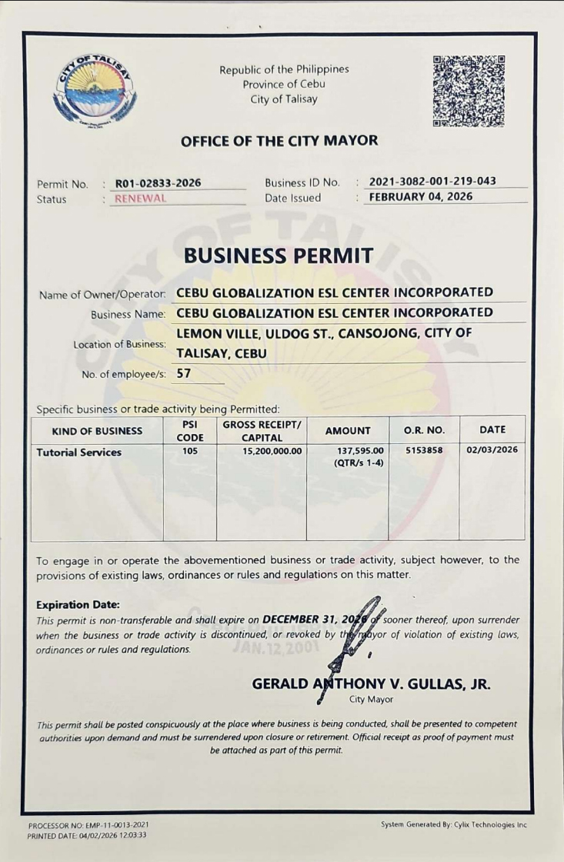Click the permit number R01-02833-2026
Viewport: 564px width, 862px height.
coord(158,183)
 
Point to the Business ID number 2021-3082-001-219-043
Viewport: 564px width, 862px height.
coord(432,182)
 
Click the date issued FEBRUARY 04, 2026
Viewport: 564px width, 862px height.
coord(421,197)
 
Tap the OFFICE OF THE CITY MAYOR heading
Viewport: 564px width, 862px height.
coord(279,141)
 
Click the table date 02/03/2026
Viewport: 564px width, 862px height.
coord(492,452)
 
